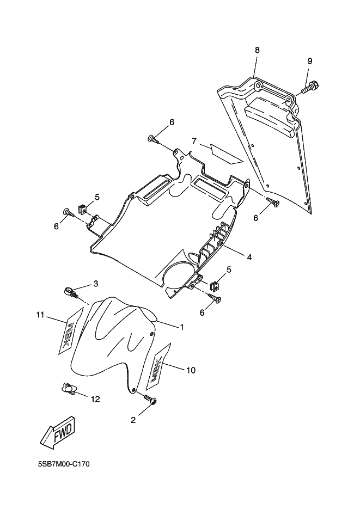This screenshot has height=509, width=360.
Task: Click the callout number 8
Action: click(x=257, y=50)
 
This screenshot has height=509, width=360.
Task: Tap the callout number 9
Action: click(x=310, y=61)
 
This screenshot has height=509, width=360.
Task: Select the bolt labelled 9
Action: click(x=312, y=86)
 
